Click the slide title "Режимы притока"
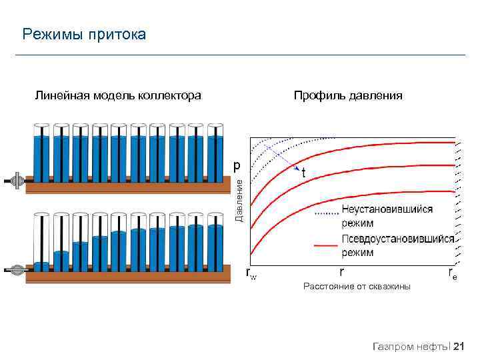click(x=84, y=34)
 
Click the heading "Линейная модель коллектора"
click(x=118, y=96)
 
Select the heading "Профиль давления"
click(x=348, y=96)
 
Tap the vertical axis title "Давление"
click(x=241, y=199)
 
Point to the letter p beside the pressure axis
click(x=237, y=164)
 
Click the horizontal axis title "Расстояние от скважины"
click(x=357, y=287)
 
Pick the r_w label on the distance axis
click(x=251, y=273)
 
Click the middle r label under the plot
click(x=342, y=272)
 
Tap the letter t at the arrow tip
click(x=304, y=172)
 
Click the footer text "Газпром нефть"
click(x=411, y=346)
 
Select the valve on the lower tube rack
click(x=17, y=270)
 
